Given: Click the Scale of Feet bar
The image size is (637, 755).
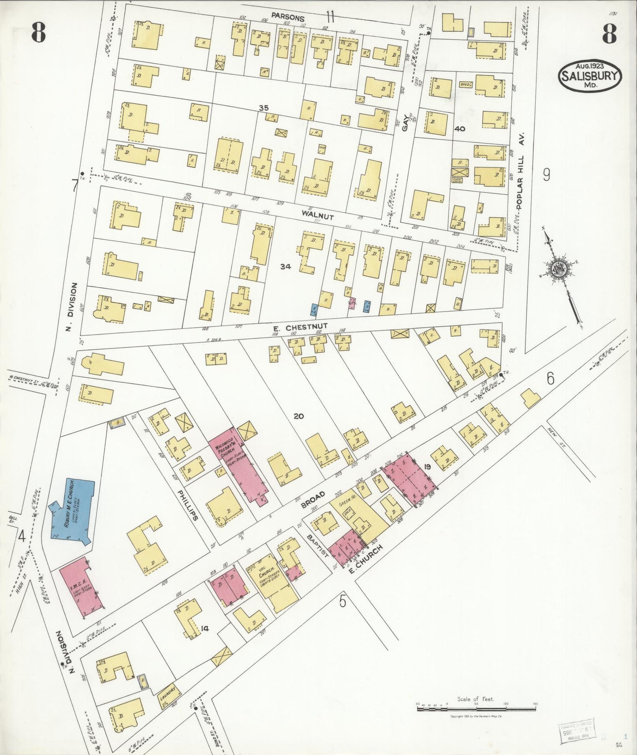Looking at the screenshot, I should point(476,709).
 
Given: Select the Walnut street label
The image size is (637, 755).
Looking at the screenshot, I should point(317,216).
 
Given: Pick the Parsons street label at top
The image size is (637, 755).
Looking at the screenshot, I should point(288,18).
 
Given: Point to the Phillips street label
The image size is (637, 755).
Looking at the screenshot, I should point(187,504).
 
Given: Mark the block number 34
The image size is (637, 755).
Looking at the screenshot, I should point(286,266).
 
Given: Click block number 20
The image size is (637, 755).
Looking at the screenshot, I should point(298,416).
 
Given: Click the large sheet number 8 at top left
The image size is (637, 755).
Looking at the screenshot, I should point(38,33).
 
